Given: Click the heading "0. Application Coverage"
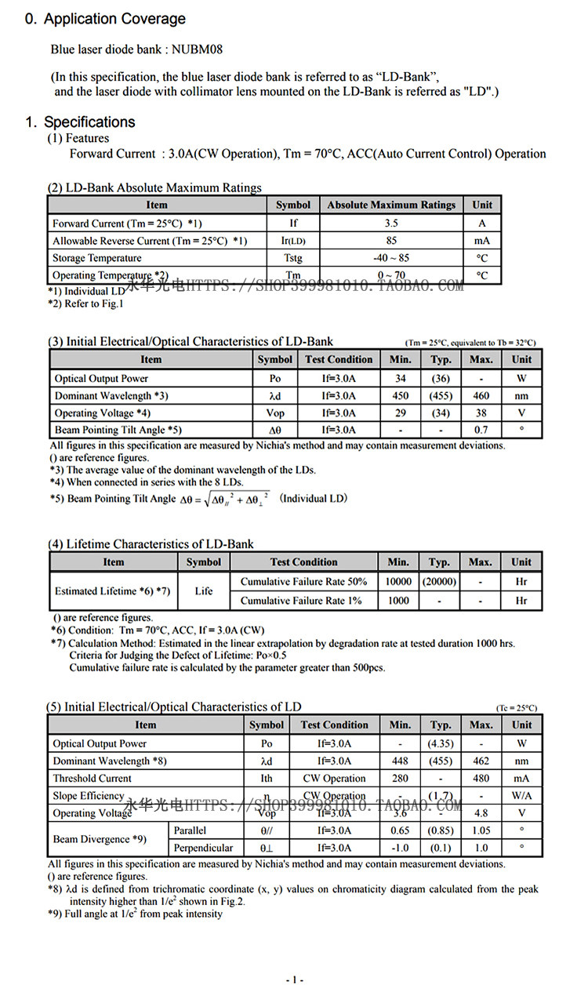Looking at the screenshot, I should (105, 19).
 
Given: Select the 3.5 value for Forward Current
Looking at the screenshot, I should (390, 223).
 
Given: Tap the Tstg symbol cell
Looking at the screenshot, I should (293, 258).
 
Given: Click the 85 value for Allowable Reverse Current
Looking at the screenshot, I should (390, 241).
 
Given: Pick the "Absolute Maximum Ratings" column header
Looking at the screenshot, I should (390, 205).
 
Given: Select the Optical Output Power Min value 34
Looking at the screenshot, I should (400, 379).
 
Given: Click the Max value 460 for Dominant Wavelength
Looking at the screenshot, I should (481, 396).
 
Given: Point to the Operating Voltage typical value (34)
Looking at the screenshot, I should (441, 413).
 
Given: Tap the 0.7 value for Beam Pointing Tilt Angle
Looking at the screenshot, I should (481, 430).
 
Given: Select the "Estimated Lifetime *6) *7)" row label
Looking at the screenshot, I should (113, 591).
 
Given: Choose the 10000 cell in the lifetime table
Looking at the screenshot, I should (398, 582).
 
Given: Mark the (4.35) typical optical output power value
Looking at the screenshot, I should (441, 743).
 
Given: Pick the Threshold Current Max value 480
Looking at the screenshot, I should (481, 778).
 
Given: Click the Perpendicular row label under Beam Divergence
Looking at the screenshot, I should (203, 848).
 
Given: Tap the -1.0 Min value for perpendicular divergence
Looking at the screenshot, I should (400, 848).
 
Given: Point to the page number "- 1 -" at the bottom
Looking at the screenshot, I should (294, 980).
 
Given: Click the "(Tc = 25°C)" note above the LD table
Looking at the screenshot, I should (517, 708).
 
